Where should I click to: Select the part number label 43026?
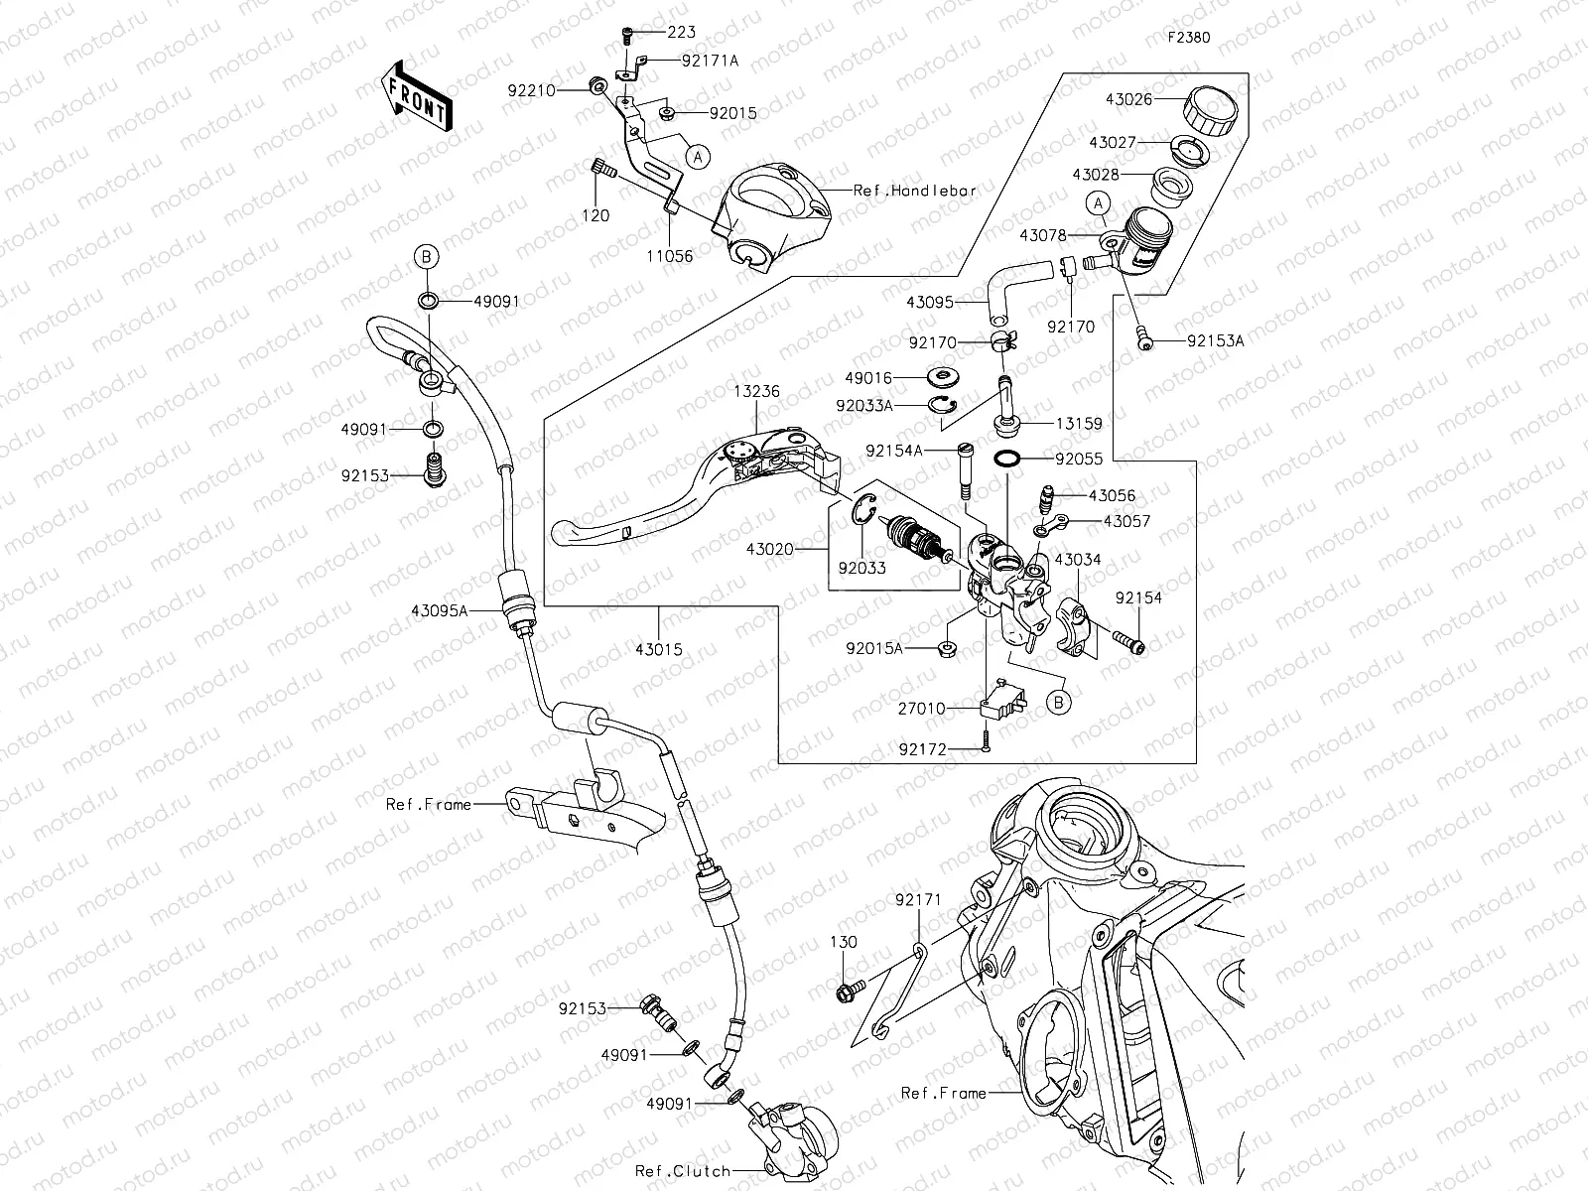[x=1127, y=99]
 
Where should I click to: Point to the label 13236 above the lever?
[x=757, y=392]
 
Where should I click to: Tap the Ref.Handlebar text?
[x=915, y=190]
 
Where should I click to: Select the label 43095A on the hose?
[x=439, y=611]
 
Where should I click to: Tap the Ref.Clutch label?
[x=683, y=1170]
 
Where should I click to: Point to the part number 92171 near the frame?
[x=918, y=900]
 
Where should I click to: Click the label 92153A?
[x=1216, y=340]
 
